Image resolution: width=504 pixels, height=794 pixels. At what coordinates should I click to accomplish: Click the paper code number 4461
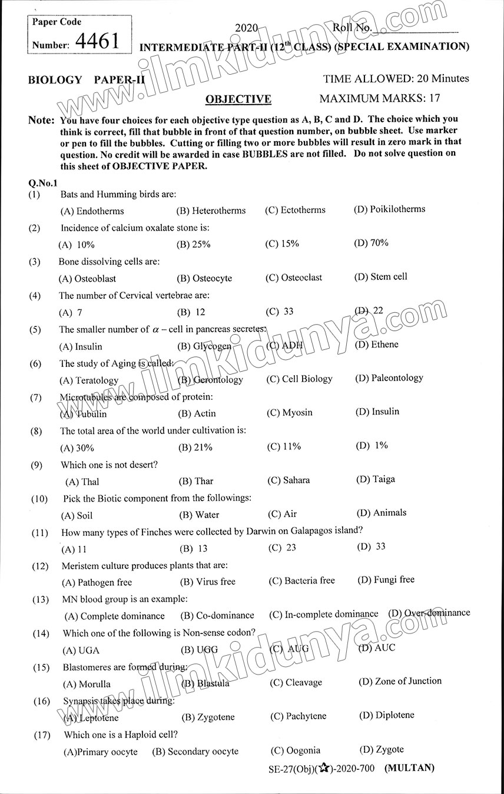pos(98,41)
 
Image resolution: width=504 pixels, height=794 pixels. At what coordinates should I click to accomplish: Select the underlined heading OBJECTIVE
pos(238,99)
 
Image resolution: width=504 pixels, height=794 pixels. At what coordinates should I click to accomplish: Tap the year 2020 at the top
pos(247,28)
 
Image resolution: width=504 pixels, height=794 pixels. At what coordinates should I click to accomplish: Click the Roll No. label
pos(352,27)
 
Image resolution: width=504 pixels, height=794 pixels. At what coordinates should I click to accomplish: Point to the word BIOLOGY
pos(55,80)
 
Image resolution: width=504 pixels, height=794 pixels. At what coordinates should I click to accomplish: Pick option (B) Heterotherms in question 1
pos(211,210)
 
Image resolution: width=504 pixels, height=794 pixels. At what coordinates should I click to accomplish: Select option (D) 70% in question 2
pos(371,243)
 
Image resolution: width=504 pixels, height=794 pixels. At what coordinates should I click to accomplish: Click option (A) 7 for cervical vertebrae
pos(71,312)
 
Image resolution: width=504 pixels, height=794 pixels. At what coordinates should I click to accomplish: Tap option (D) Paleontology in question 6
pos(389,378)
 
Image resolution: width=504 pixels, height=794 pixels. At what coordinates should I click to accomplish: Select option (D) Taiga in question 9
pos(376,479)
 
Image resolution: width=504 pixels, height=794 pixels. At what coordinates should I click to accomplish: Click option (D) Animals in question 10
pos(382,513)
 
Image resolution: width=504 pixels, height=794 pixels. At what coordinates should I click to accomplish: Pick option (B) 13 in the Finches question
pos(194,548)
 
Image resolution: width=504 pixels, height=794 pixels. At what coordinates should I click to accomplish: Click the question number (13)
pos(40,600)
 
